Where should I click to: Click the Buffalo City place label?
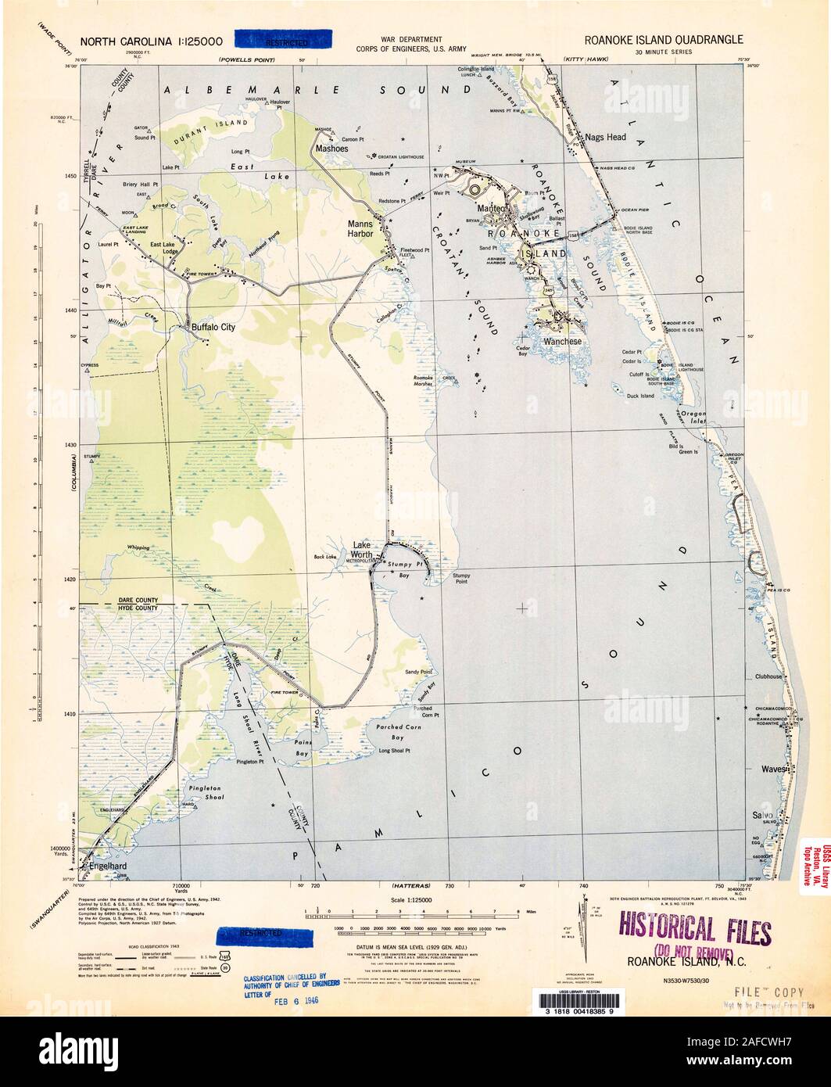(x=213, y=329)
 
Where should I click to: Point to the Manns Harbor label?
(x=364, y=228)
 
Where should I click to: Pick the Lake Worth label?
(x=362, y=549)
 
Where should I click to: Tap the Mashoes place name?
(x=331, y=147)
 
